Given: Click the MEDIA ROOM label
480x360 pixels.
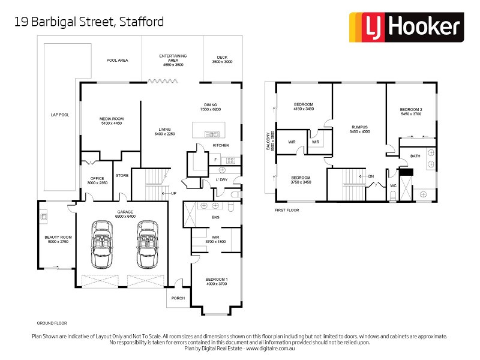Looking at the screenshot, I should click(110, 121).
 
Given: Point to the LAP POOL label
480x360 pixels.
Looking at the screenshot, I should click(60, 115).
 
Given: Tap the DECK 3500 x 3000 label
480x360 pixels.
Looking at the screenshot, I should click(221, 60).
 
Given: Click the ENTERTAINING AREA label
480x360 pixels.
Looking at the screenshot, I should click(173, 59).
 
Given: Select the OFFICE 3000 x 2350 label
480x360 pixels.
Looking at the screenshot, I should click(97, 181).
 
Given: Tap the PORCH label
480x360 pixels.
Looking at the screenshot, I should click(178, 298).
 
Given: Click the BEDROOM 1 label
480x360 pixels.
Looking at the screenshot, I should click(216, 281).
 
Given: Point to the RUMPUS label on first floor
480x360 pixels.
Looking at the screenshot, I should click(359, 129).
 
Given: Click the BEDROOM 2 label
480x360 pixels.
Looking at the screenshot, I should click(411, 111).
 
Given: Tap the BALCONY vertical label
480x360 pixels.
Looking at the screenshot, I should click(271, 145).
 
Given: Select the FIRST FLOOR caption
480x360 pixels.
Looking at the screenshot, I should click(287, 211).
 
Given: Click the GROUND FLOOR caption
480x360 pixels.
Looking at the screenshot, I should click(51, 323).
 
